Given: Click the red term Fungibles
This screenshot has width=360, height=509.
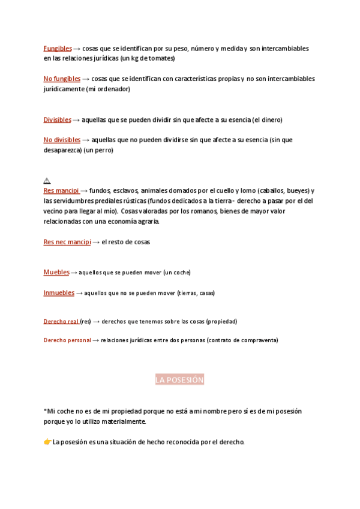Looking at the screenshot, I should pyautogui.click(x=58, y=48).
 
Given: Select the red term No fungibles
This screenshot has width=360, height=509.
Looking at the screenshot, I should pyautogui.click(x=61, y=79).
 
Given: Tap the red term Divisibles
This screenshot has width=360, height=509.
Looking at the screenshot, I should pyautogui.click(x=57, y=119).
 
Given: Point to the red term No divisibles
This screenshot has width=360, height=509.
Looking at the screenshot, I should pyautogui.click(x=62, y=140).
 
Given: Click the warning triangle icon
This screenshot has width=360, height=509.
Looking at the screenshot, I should pyautogui.click(x=47, y=181).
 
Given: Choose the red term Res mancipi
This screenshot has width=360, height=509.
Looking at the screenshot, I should pyautogui.click(x=61, y=190).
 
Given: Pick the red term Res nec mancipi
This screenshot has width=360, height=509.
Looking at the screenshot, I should pyautogui.click(x=67, y=242).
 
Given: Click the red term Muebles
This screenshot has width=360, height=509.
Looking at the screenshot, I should pyautogui.click(x=56, y=272).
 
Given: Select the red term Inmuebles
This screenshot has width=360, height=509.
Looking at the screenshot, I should pyautogui.click(x=59, y=293).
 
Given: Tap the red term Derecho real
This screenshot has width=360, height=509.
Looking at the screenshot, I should pyautogui.click(x=61, y=321).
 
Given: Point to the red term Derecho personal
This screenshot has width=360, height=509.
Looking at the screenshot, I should pyautogui.click(x=67, y=340).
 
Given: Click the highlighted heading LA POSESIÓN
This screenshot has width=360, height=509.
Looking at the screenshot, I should pyautogui.click(x=180, y=380).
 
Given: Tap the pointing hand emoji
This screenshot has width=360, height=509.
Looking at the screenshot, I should pyautogui.click(x=47, y=442).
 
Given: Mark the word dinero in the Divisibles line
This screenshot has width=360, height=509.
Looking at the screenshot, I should pyautogui.click(x=270, y=120).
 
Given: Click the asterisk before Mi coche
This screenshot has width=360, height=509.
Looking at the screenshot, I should pyautogui.click(x=45, y=411).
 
